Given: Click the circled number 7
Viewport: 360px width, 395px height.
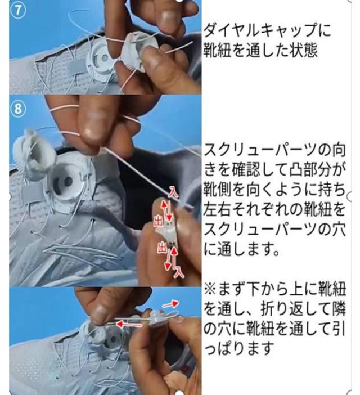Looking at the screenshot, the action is [17, 11].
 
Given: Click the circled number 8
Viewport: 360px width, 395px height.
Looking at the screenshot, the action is [17, 109].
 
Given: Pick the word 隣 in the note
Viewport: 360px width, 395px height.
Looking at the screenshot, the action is [339, 309].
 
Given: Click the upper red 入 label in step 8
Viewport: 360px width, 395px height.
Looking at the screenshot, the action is [173, 192].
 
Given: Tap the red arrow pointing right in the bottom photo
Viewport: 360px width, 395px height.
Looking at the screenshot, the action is [171, 304].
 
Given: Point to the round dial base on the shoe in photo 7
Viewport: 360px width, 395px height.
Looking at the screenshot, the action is [100, 59].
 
